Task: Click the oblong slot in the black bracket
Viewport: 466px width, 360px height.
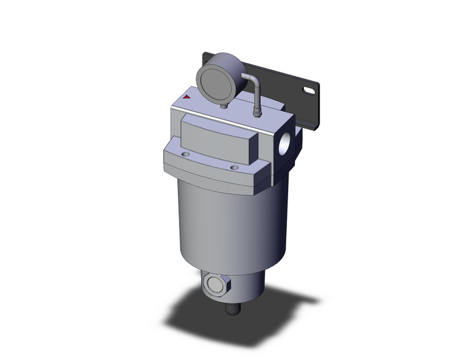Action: click(x=308, y=91)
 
